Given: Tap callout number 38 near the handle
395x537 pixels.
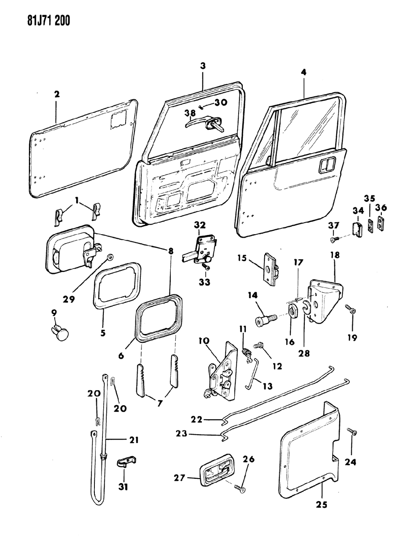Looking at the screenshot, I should (x=190, y=113).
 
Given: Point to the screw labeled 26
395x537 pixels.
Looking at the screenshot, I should (x=240, y=488).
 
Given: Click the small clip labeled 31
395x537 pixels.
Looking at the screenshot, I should (x=125, y=462).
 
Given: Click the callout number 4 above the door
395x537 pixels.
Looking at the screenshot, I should (x=304, y=72).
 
